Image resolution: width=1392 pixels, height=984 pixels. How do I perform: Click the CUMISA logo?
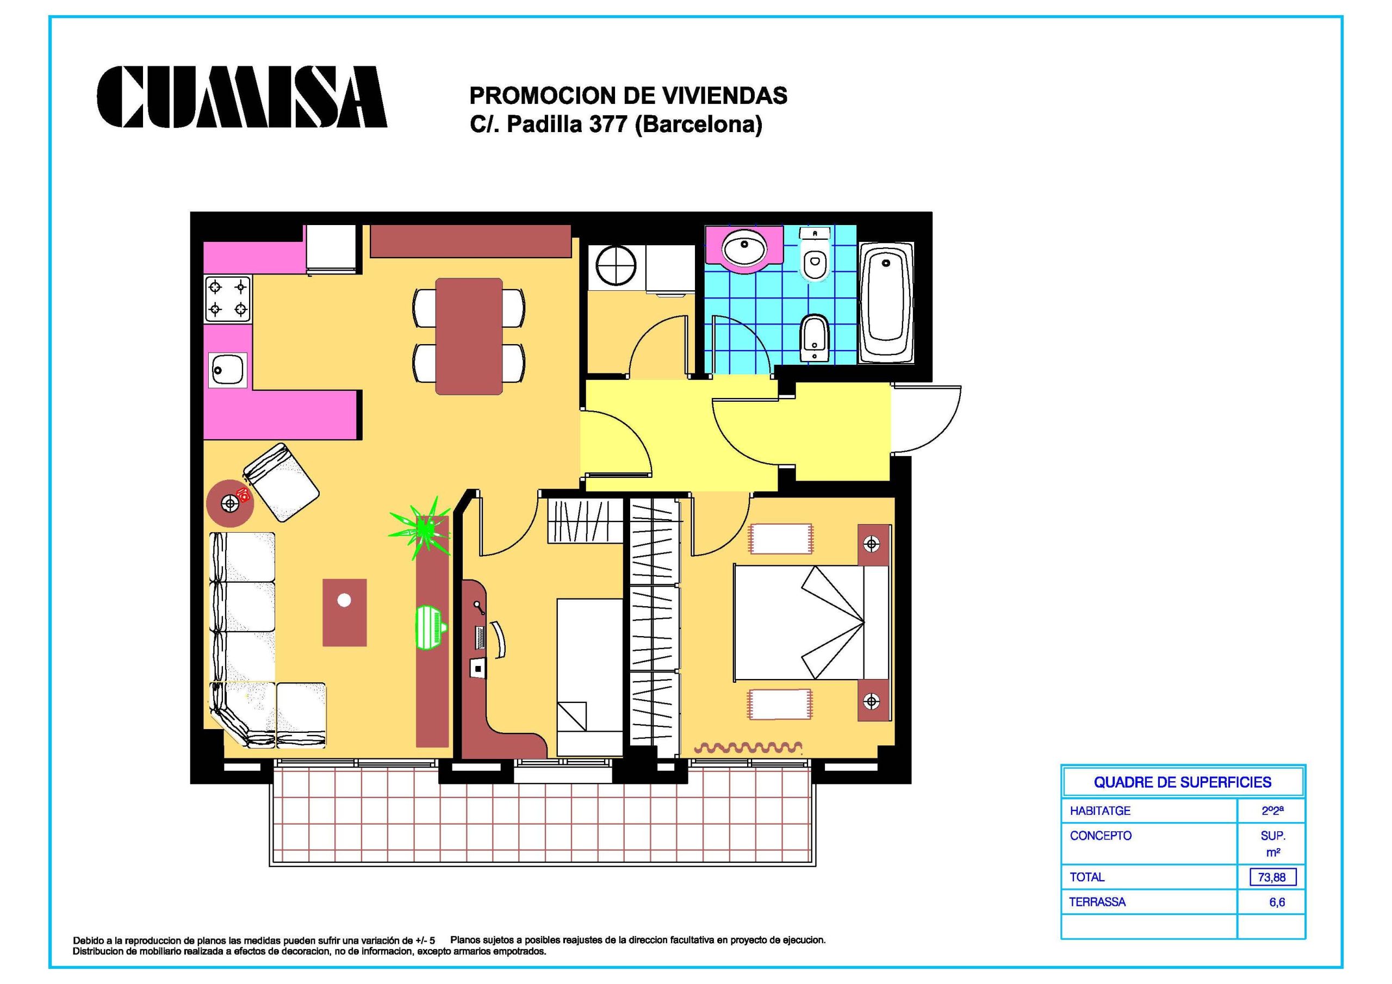point(242,97)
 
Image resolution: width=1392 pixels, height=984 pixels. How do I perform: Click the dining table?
point(469,336)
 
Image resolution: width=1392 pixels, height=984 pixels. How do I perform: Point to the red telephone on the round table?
point(244,494)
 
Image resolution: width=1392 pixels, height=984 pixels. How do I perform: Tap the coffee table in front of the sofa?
point(344,612)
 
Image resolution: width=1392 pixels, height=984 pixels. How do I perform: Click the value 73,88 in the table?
point(1272,877)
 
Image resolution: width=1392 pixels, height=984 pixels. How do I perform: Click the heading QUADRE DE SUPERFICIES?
point(1182,782)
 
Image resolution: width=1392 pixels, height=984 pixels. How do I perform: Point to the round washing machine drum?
point(616,265)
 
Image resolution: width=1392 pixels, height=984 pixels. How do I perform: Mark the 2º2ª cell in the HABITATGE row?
point(1272,811)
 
